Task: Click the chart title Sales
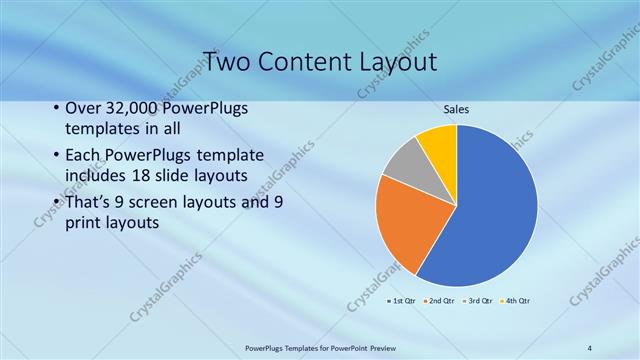(x=456, y=109)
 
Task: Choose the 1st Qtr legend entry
(x=400, y=300)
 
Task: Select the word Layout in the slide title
(x=397, y=62)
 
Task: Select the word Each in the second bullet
(x=84, y=156)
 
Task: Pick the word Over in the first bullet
(x=83, y=109)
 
